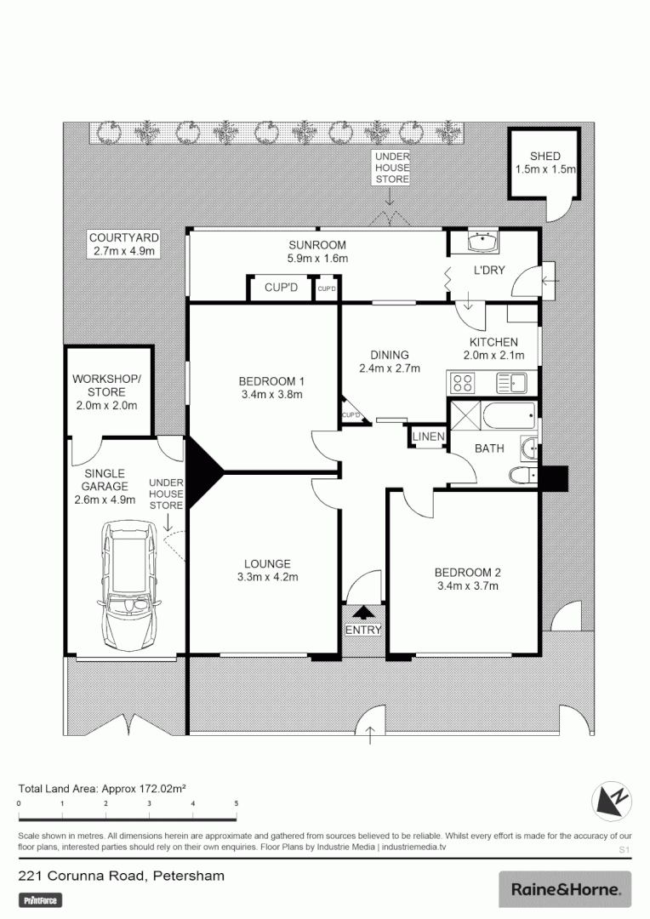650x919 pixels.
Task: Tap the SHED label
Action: tap(545, 157)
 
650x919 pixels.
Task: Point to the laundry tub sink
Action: tap(484, 243)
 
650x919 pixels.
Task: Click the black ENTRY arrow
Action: tap(364, 612)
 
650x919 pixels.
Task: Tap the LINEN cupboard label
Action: tap(428, 437)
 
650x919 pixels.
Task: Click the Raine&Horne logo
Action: tap(565, 889)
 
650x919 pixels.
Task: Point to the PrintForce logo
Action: tap(42, 899)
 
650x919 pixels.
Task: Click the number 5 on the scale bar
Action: tap(237, 803)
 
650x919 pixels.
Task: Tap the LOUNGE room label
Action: tap(267, 563)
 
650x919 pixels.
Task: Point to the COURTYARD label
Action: tap(124, 237)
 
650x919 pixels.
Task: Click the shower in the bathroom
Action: tap(465, 417)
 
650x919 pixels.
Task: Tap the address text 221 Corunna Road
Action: tap(82, 876)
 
